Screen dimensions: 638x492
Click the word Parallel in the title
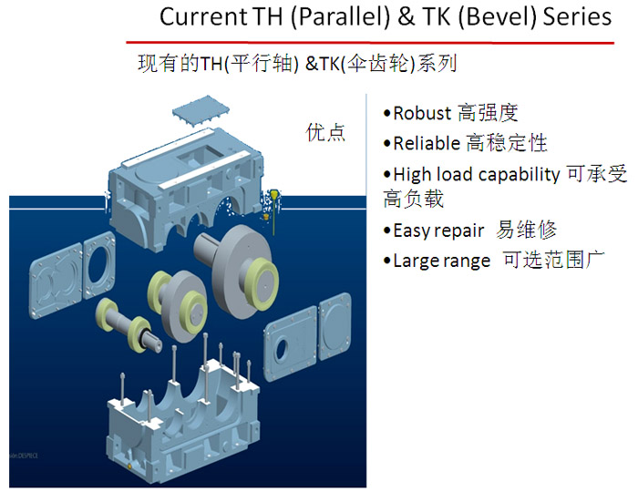pos(344,17)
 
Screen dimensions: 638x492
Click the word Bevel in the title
pos(499,17)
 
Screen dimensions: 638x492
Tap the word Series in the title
pos(578,17)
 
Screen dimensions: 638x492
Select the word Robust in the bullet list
pos(422,114)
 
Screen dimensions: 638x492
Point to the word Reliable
pos(427,144)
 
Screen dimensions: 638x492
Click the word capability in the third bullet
pos(520,175)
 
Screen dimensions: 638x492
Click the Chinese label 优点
pos(325,132)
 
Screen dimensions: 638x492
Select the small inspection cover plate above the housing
pos(201,109)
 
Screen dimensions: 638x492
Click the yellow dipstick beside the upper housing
pos(274,211)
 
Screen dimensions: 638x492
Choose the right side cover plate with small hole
pos(290,343)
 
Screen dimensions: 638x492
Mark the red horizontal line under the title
pos(370,42)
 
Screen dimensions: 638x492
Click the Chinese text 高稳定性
pos(506,143)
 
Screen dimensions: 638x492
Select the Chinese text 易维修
pos(526,231)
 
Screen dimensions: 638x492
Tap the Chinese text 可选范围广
pos(553,261)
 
